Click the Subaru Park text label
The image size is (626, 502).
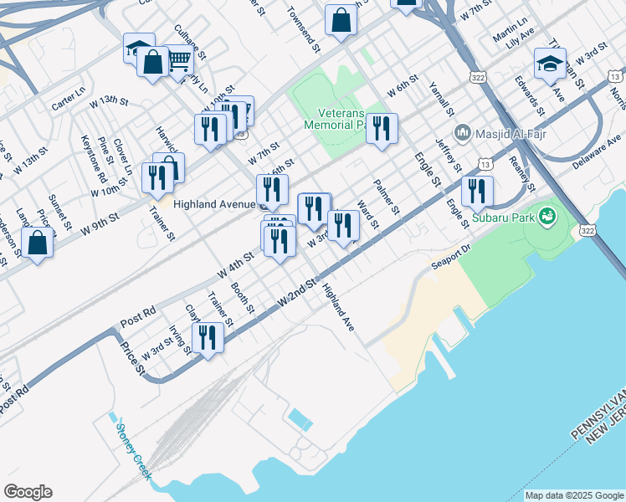pyautogui.click(x=501, y=218)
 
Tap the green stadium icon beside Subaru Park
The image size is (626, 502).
pyautogui.click(x=548, y=218)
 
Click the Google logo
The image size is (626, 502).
pyautogui.click(x=28, y=492)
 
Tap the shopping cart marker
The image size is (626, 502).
pyautogui.click(x=179, y=59)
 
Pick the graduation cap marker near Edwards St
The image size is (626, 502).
pyautogui.click(x=550, y=64)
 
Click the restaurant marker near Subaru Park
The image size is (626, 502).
pyautogui.click(x=477, y=191)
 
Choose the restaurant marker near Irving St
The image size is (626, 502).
pyautogui.click(x=207, y=338)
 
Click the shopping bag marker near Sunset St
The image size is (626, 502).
pyautogui.click(x=38, y=243)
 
